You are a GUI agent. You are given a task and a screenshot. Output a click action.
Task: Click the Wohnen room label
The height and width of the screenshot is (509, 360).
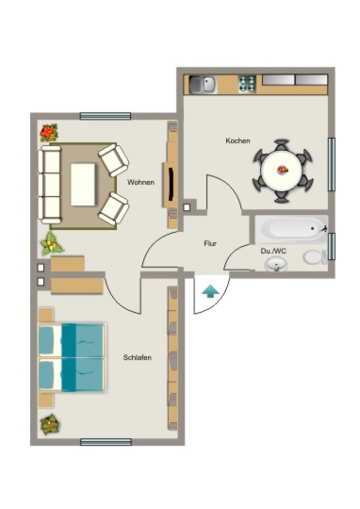(x=141, y=182)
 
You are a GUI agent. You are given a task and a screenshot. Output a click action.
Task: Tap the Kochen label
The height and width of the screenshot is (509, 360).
(x=238, y=141)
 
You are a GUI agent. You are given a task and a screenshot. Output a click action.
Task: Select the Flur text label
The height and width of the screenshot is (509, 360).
(x=210, y=243)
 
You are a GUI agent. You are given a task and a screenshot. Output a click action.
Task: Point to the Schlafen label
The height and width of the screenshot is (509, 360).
(x=137, y=357)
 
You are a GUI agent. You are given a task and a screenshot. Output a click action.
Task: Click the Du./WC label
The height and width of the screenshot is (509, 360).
(x=273, y=251)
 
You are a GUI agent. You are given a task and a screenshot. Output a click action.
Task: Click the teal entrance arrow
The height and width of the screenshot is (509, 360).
(x=210, y=291)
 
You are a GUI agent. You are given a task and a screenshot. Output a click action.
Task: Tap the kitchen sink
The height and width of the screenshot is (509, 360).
(x=202, y=84)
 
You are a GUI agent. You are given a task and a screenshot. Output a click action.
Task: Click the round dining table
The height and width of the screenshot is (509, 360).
(x=282, y=170)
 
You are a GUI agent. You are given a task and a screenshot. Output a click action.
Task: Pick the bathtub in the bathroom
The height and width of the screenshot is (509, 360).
(x=291, y=229)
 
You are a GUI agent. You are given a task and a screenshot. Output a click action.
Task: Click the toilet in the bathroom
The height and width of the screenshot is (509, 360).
(x=315, y=257)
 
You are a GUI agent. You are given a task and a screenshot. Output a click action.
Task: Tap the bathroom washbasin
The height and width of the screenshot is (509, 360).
(x=276, y=264)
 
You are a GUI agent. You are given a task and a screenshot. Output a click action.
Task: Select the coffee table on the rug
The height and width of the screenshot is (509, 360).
(x=83, y=184)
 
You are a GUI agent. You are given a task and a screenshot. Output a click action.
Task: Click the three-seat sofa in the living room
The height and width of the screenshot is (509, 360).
(x=49, y=185)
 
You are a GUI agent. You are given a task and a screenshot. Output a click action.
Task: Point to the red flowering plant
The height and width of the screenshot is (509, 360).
(x=49, y=132)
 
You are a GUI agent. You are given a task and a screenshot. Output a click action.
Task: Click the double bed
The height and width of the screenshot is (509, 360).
(x=72, y=357)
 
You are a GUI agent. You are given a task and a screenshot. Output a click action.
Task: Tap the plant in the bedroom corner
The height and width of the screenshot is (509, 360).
(x=50, y=425)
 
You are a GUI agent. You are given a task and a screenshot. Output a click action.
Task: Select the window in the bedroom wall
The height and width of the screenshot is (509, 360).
(x=106, y=442)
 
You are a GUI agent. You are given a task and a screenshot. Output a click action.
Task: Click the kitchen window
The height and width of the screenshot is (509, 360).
(x=332, y=164)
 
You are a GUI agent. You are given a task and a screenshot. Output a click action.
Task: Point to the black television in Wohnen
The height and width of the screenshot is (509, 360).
(x=171, y=184)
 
